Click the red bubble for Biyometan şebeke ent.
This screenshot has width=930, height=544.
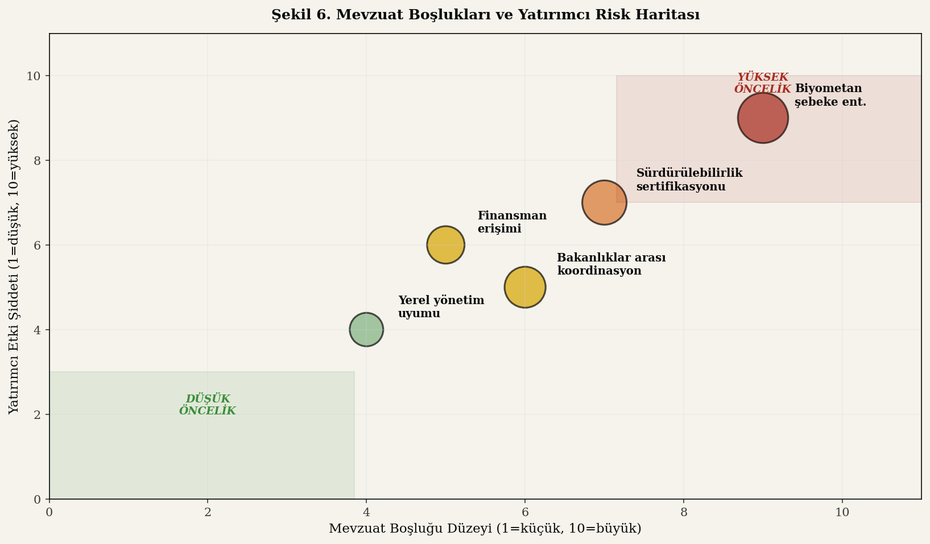pos(763,118)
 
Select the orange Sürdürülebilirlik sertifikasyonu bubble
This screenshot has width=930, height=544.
pos(604,202)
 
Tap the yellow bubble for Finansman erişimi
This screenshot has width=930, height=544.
pos(445,245)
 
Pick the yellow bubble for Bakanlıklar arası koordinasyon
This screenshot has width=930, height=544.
pos(525,287)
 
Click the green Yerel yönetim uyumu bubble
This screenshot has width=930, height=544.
pos(366,329)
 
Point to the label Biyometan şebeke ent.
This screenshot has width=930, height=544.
pos(830,95)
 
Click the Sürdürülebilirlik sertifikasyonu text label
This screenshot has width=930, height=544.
pos(689,180)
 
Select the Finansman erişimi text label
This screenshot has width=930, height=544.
pos(511,222)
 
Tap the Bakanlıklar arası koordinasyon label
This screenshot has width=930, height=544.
pos(611,264)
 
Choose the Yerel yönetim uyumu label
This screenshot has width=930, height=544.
pos(441,307)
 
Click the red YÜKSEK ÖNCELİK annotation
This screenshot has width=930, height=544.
pos(762,83)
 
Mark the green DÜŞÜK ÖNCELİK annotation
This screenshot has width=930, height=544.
pos(208,405)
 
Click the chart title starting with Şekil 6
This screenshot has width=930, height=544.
pos(485,15)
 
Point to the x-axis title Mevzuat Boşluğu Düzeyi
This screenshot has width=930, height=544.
pos(485,529)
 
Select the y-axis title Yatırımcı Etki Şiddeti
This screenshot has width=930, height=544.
pos(14,267)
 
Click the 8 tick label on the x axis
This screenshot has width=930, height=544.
pos(684,512)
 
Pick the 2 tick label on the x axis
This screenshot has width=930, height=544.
pos(208,512)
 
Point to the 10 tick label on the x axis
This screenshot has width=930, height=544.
pos(842,512)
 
